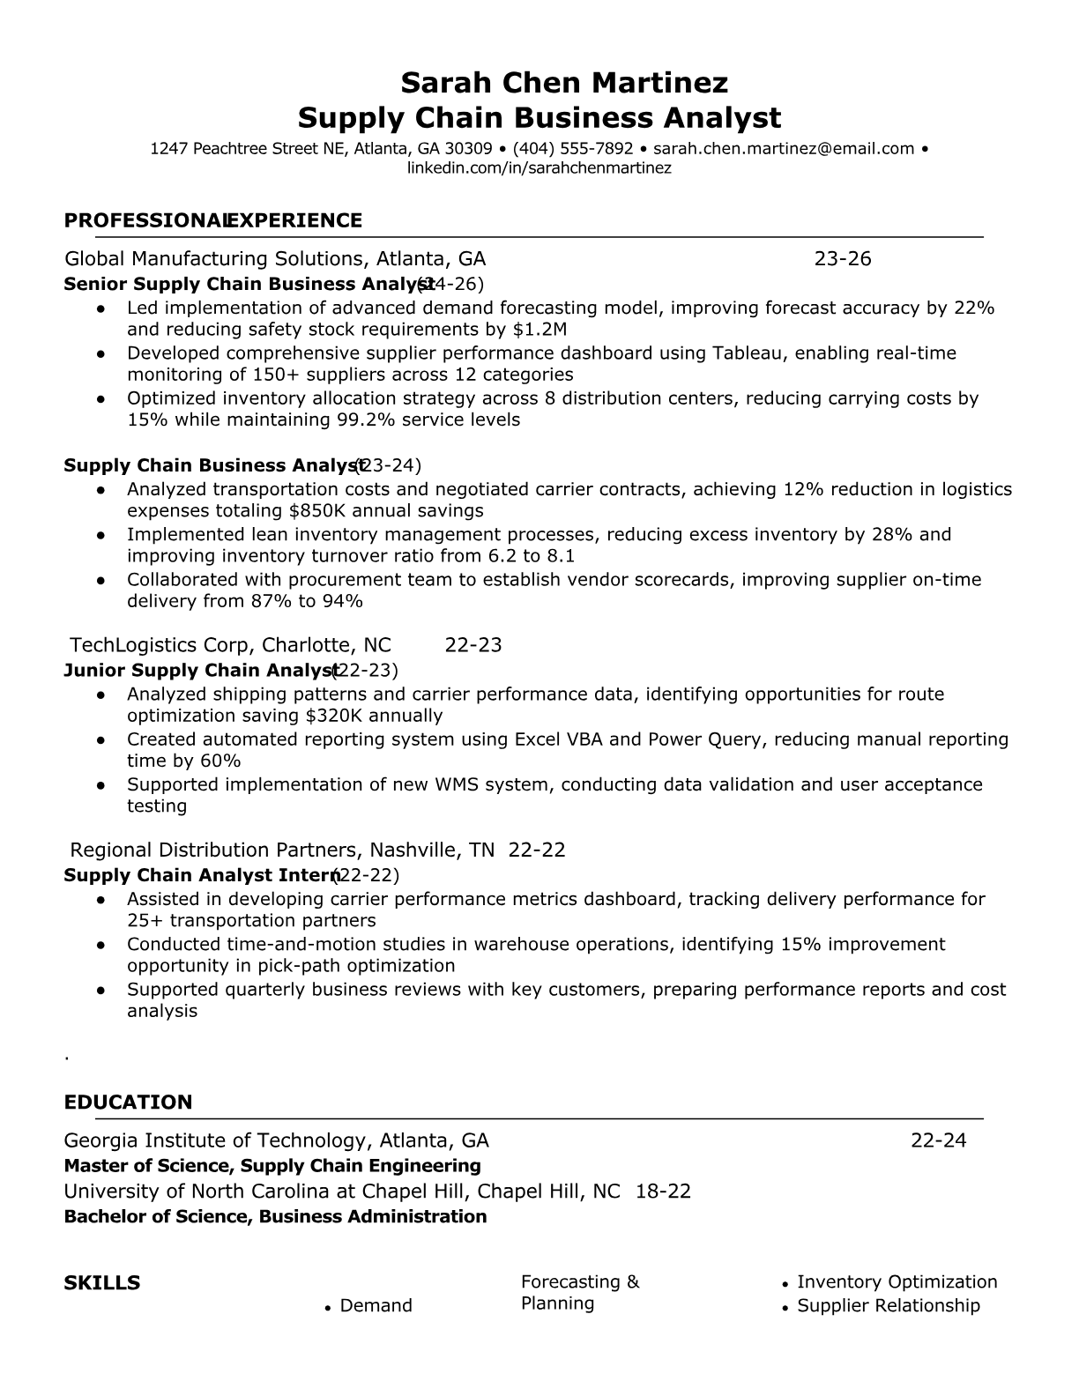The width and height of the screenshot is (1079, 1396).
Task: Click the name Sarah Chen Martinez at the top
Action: click(564, 83)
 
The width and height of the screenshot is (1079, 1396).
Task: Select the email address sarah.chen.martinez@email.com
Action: click(784, 148)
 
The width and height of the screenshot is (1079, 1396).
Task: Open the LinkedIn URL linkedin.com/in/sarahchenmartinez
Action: click(539, 167)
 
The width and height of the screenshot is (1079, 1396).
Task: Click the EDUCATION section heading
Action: click(128, 1103)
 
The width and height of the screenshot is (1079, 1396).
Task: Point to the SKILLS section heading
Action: click(102, 1282)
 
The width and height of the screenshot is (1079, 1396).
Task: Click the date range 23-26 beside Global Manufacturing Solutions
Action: click(842, 258)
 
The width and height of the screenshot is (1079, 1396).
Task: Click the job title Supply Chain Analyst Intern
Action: click(202, 875)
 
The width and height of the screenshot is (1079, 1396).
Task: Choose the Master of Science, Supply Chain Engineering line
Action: click(272, 1166)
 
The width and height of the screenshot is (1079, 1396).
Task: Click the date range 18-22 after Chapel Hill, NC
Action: click(663, 1192)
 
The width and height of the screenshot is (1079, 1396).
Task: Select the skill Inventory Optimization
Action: click(897, 1282)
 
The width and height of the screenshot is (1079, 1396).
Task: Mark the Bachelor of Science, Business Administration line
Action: click(275, 1217)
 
